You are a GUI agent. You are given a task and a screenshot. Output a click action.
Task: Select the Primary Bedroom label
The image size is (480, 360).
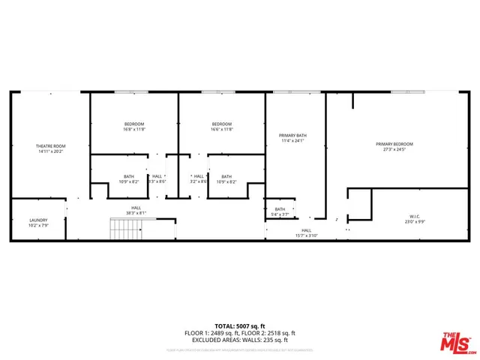[394, 143]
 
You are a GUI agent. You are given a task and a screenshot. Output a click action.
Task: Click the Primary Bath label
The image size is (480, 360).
[293, 135]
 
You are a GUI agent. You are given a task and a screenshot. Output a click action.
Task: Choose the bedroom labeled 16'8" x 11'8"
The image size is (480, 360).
[134, 124]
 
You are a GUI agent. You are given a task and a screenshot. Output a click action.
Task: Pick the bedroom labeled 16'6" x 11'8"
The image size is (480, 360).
[221, 124]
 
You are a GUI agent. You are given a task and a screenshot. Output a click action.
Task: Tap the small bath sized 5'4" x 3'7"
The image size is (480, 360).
[280, 209]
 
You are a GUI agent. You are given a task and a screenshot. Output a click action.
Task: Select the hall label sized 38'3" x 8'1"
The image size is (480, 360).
[136, 208]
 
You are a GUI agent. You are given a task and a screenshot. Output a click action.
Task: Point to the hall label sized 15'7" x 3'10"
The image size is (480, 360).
[306, 230]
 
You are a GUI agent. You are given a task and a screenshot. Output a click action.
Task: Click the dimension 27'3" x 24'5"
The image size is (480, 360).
[394, 149]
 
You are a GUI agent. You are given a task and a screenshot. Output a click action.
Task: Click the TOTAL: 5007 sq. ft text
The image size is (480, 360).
[241, 326]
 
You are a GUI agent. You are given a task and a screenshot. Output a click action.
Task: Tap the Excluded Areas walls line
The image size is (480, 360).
[241, 340]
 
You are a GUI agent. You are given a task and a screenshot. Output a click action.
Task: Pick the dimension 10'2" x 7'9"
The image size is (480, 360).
[38, 225]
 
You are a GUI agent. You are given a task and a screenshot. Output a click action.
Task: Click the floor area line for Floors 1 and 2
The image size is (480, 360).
[241, 333]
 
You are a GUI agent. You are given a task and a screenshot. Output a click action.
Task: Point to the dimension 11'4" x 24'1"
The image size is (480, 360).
[293, 141]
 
